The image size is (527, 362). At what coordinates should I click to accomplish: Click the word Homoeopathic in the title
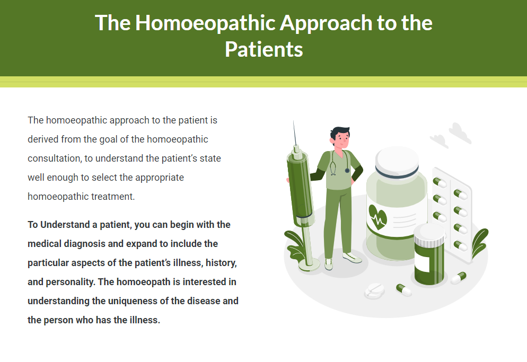point(205,23)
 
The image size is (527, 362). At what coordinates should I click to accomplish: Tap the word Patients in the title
point(264,49)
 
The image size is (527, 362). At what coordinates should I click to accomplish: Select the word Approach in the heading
point(326,23)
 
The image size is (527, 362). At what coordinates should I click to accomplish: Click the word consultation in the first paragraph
point(54,158)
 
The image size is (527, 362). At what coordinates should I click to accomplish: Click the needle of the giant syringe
point(295,133)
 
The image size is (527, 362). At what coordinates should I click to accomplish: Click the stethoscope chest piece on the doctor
point(347,171)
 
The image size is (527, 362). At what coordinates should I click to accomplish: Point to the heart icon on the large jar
point(377,217)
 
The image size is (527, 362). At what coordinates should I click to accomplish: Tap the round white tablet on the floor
point(374,291)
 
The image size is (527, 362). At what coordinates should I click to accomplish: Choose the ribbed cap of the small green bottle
point(429,239)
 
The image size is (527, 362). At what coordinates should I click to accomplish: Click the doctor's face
point(342,139)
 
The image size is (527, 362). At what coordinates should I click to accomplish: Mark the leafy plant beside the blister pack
point(479,242)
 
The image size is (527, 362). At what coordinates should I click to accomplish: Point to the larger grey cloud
point(460,133)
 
